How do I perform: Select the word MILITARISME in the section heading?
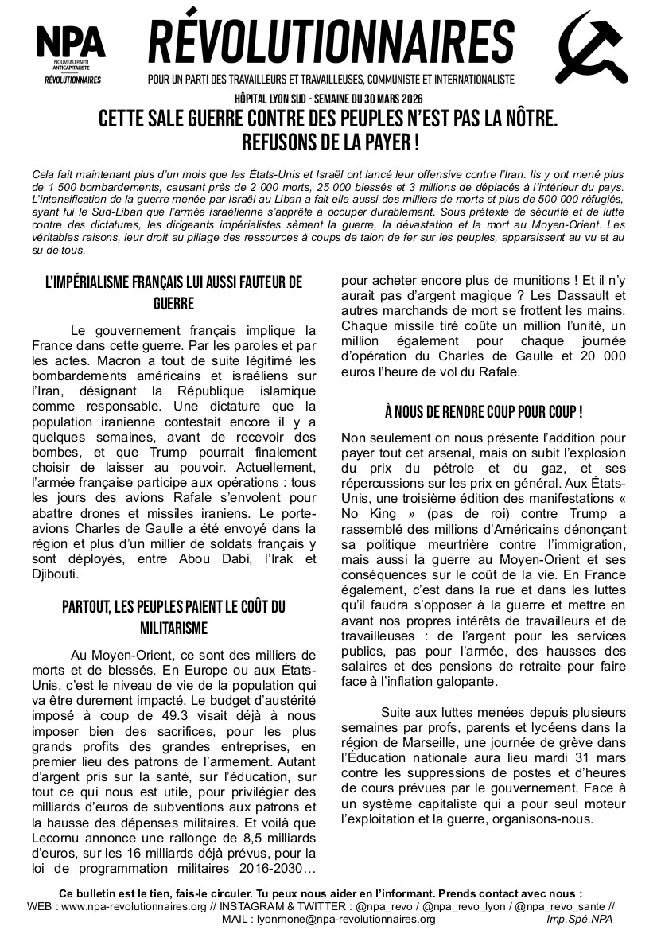(x=174, y=628)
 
